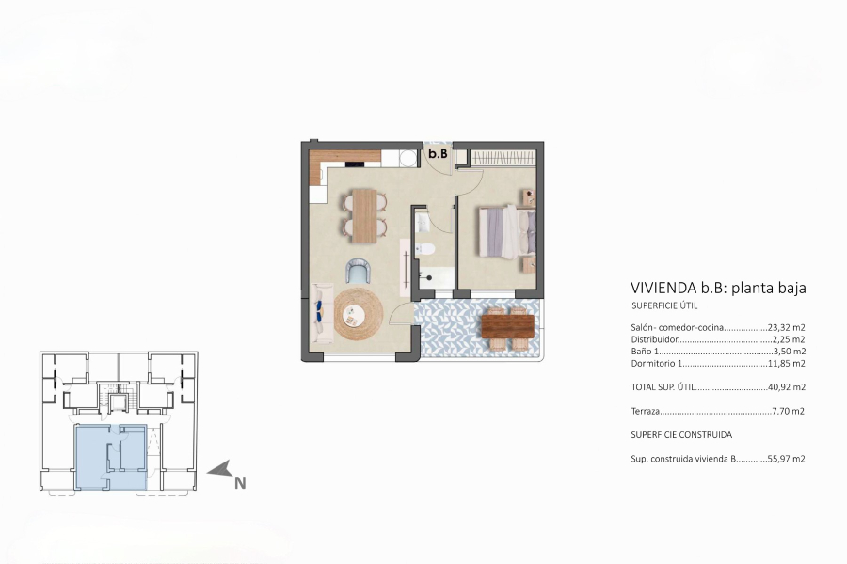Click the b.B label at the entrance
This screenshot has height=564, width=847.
point(438,153)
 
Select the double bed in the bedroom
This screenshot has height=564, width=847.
point(506,231)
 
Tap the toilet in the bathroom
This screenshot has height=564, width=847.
point(424,250)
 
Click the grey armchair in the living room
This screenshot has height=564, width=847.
point(359,272)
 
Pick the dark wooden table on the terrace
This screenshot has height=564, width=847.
point(507,324)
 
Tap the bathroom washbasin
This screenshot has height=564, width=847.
point(421,222)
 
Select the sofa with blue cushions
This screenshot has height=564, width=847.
point(318,314)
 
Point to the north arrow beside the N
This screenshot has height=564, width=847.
point(219,469)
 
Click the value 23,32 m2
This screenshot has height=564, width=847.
point(787,328)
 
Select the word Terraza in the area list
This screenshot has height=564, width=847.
point(646,411)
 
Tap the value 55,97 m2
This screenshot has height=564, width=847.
point(786,460)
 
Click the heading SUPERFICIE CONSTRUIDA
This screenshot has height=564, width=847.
point(681,435)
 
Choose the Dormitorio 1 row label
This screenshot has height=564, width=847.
point(655,363)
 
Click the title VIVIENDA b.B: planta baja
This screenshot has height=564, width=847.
point(718,289)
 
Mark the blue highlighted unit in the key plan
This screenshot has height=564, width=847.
point(110,456)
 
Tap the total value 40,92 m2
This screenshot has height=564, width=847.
point(786,386)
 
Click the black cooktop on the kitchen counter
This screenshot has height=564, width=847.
point(356,164)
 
